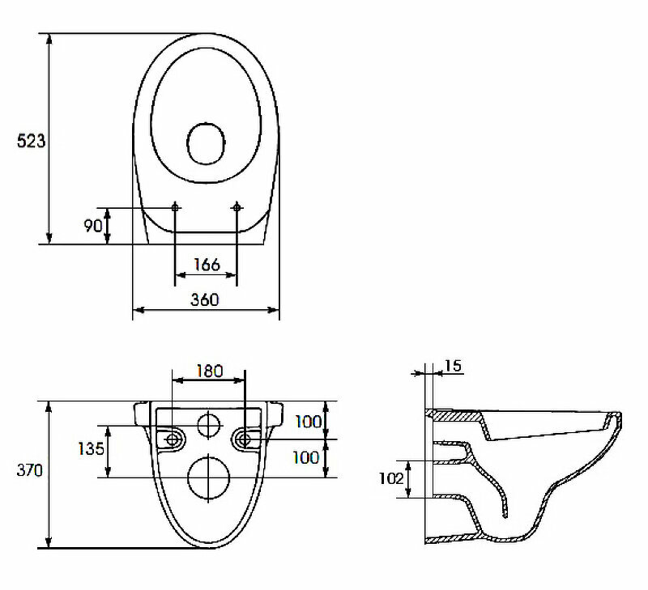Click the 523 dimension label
click(x=31, y=141)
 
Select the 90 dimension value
click(x=92, y=225)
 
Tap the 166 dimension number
click(x=207, y=265)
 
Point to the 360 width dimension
click(x=206, y=299)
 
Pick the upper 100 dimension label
click(x=306, y=421)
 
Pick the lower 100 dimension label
click(x=306, y=457)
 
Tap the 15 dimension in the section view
click(x=453, y=367)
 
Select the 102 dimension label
click(x=391, y=478)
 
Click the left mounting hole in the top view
click(x=176, y=208)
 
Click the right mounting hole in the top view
click(x=237, y=208)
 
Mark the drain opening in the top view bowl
click(x=206, y=144)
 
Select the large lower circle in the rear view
click(x=209, y=478)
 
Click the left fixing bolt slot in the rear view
click(x=173, y=439)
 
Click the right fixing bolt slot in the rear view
click(x=245, y=439)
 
